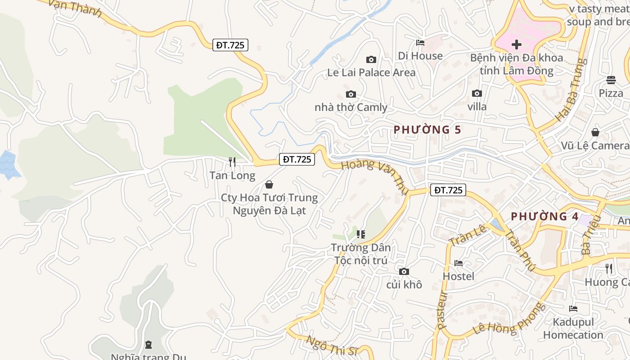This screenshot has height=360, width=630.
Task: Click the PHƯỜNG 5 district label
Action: point(427,130)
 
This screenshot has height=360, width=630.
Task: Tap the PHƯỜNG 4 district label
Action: point(544,216)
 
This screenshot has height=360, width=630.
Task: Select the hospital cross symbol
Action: point(517,45)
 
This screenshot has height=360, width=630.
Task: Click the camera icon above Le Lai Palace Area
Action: point(371,59)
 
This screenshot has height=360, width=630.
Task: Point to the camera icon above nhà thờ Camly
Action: point(351,94)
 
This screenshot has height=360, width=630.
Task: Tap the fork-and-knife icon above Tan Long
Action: point(232,162)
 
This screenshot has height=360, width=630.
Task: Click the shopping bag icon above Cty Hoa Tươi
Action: point(269,184)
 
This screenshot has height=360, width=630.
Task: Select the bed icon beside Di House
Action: point(420,43)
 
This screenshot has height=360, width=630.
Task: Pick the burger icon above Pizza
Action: point(611,80)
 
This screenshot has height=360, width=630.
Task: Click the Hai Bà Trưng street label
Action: point(571,90)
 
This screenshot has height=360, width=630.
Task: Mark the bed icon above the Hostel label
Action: point(459,263)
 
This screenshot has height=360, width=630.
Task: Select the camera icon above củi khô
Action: point(404,271)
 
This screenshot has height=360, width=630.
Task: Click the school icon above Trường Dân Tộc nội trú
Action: point(360,234)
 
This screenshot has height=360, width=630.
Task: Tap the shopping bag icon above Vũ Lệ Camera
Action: point(595,132)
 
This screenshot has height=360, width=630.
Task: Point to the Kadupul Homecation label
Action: point(573,328)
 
